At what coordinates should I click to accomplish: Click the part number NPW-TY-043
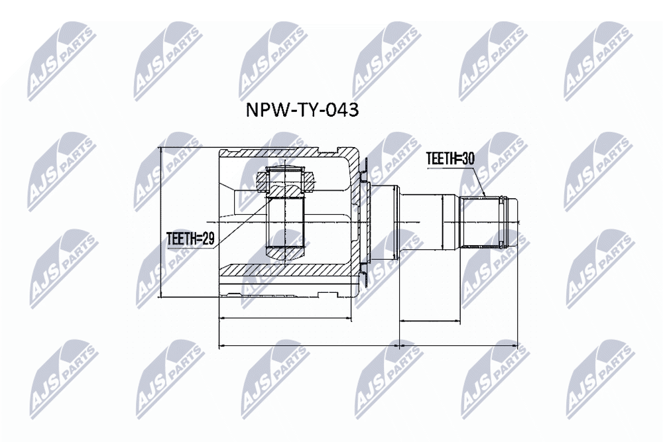302,110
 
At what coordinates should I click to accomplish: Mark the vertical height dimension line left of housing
160,222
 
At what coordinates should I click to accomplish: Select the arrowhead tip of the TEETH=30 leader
486,197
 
